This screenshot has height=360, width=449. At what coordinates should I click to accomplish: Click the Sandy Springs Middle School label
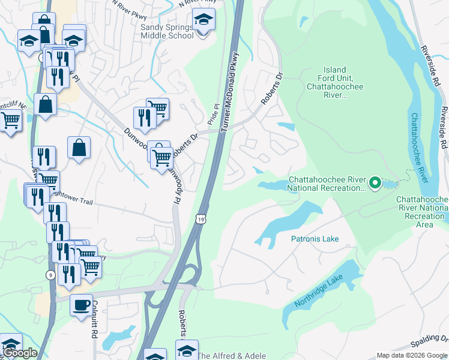tap(167, 31)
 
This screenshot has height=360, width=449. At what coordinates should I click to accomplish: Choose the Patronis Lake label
tap(315, 239)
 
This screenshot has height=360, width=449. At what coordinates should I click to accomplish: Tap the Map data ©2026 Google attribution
tap(412, 355)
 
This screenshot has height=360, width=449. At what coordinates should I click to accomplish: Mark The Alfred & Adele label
tap(232, 356)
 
